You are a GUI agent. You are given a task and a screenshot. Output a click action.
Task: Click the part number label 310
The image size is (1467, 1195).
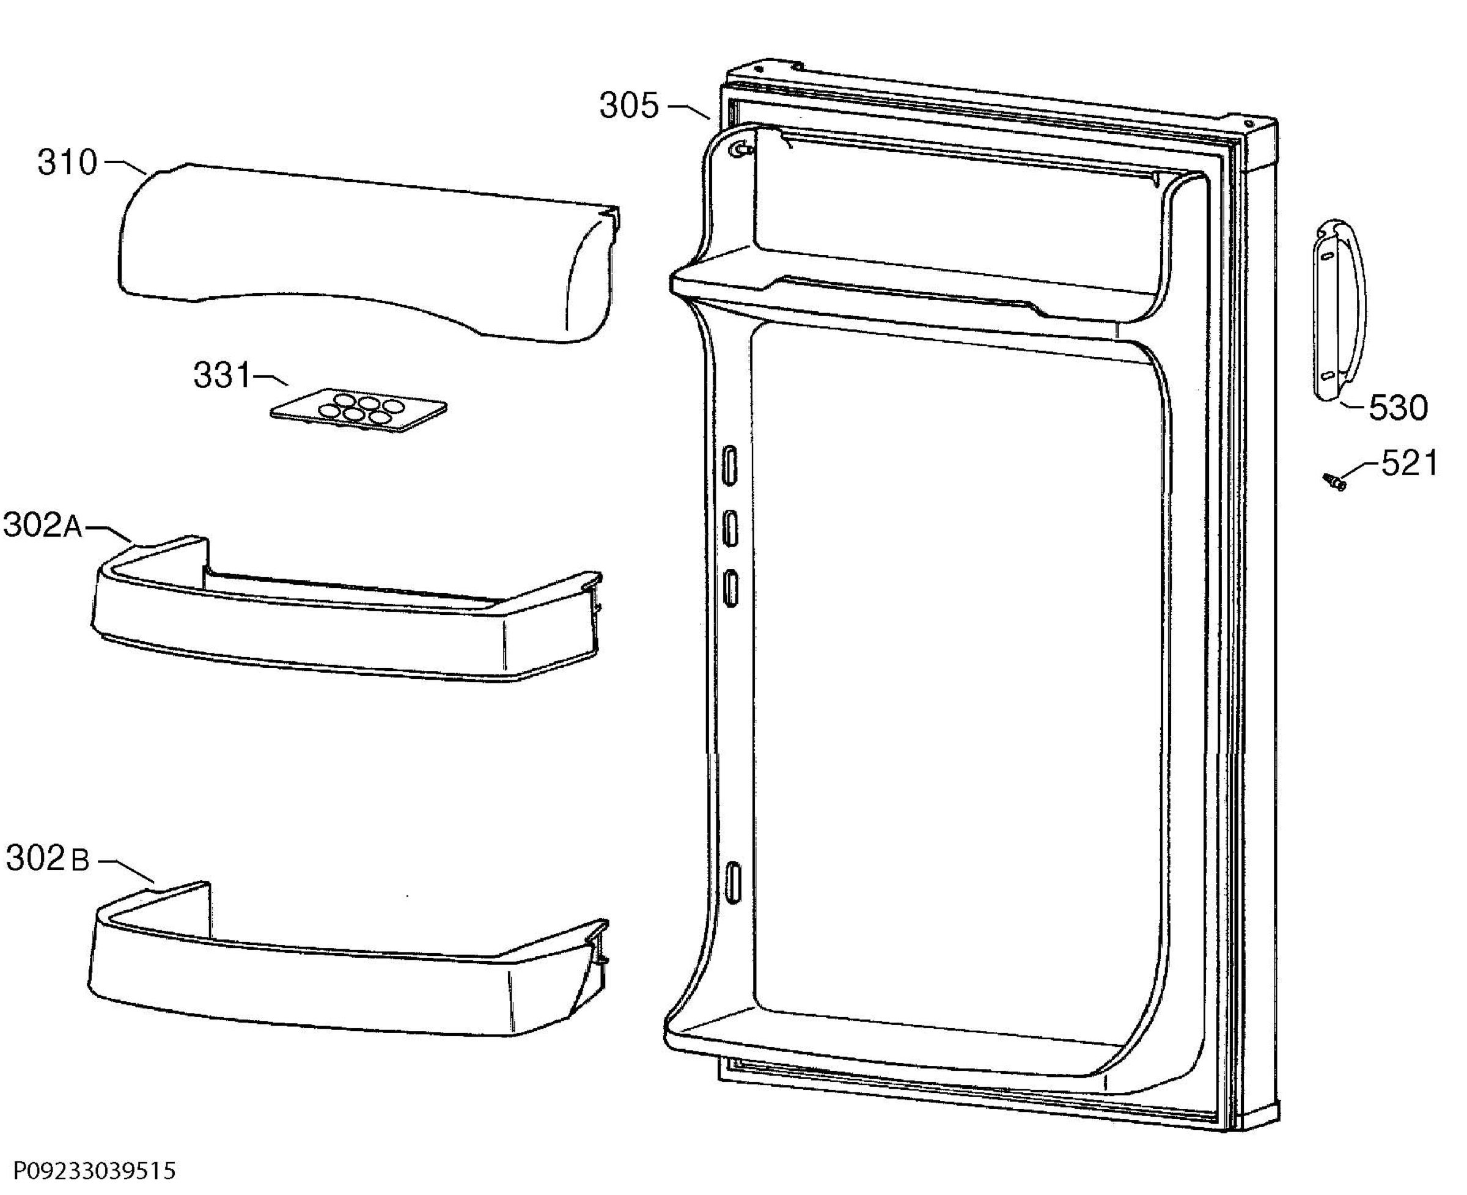(x=67, y=163)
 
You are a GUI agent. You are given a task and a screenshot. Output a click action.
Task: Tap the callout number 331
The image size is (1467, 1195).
(x=222, y=376)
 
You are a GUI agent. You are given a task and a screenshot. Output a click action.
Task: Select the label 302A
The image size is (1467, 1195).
(x=43, y=526)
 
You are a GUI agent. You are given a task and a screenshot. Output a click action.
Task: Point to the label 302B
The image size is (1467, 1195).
(x=48, y=859)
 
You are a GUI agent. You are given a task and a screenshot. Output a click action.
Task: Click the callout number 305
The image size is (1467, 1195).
(x=628, y=106)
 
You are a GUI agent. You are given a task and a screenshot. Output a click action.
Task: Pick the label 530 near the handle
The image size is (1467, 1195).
(x=1397, y=408)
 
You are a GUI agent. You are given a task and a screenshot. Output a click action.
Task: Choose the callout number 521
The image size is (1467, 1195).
(x=1409, y=463)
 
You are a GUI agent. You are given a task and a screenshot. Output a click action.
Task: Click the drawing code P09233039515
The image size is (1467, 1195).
(x=94, y=1170)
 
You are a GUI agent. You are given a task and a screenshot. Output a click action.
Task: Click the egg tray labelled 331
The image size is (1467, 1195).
(x=358, y=410)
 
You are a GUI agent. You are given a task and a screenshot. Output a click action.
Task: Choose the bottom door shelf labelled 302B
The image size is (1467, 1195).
(x=348, y=960)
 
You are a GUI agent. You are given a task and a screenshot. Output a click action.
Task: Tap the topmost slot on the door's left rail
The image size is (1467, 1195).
(x=729, y=466)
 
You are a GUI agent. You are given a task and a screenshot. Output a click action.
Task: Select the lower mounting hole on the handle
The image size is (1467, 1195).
(x=1329, y=376)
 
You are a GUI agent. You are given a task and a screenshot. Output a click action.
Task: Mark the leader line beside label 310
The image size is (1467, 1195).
(x=125, y=166)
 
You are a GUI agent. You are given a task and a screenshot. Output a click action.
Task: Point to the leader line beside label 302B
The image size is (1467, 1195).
(x=126, y=869)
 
